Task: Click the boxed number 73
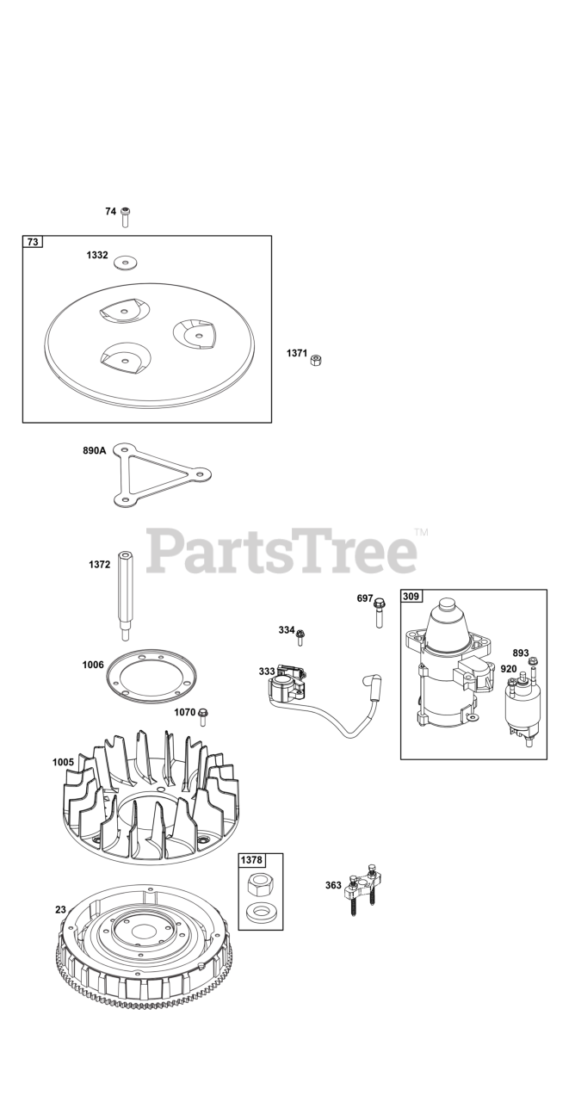tap(33, 243)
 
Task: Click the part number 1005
tap(63, 762)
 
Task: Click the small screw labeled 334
tap(301, 636)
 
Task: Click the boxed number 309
tap(412, 596)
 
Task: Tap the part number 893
tap(521, 653)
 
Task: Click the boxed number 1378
tap(251, 859)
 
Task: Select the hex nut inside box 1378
tap(259, 884)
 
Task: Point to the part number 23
tap(60, 909)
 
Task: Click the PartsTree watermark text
tap(281, 552)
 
